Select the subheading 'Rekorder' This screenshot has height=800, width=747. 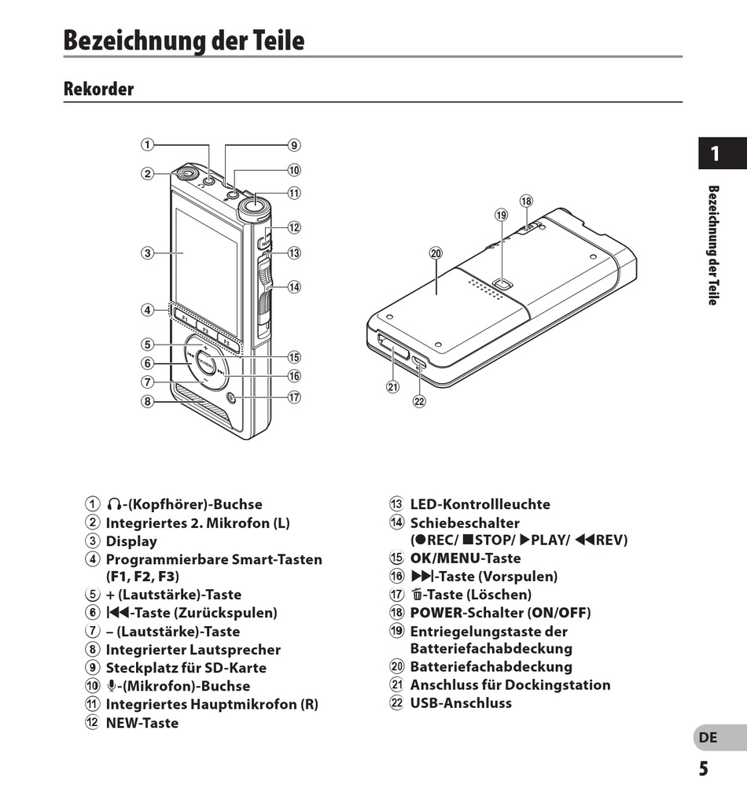click(99, 89)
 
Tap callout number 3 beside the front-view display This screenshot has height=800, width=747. click(147, 253)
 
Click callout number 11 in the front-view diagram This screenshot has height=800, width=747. click(294, 193)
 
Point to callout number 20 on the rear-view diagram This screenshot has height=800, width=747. click(436, 253)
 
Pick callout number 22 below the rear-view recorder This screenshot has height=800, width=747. click(419, 400)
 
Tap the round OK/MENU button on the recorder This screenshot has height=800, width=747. click(204, 363)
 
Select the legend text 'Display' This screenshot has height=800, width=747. click(131, 541)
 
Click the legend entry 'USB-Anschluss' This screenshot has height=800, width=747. click(461, 702)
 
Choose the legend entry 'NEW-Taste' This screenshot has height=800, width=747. click(142, 723)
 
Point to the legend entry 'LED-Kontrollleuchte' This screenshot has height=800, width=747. click(480, 504)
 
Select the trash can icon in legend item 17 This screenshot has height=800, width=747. click(417, 595)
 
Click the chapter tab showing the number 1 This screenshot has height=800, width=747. click(715, 153)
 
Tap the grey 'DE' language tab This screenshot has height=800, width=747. click(708, 738)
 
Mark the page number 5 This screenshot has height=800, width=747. click(703, 769)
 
